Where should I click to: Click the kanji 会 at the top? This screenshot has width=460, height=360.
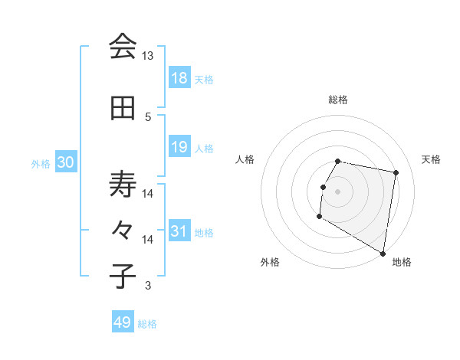pos(123,46)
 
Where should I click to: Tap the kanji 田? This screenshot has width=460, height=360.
pos(123,109)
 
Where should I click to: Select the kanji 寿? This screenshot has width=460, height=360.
pos(123,184)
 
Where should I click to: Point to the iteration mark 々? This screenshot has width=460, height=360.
pos(123,231)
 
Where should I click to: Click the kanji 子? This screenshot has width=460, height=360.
pos(123,277)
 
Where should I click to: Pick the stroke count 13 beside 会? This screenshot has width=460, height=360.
pos(148,56)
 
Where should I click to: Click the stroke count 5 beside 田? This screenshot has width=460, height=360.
pos(148,116)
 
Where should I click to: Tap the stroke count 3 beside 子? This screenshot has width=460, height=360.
pos(148,286)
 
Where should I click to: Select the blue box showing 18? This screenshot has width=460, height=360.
pos(179,78)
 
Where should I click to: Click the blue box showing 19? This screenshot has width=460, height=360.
pos(179,147)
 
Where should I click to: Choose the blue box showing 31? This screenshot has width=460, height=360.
pos(179,231)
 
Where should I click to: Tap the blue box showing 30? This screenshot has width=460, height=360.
pos(65,162)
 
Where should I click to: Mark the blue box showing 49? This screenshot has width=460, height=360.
pos(122,322)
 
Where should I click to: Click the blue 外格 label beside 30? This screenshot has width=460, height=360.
pos(41,163)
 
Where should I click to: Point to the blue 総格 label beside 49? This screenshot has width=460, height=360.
pos(147,324)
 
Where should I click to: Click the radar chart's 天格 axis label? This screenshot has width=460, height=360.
pos(431,159)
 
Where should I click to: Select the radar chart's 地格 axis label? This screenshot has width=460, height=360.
pos(402,262)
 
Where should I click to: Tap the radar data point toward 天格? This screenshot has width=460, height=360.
pos(396,173)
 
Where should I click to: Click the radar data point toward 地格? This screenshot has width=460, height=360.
pos(383,253)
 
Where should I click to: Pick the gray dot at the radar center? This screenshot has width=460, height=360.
pos(337,191)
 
